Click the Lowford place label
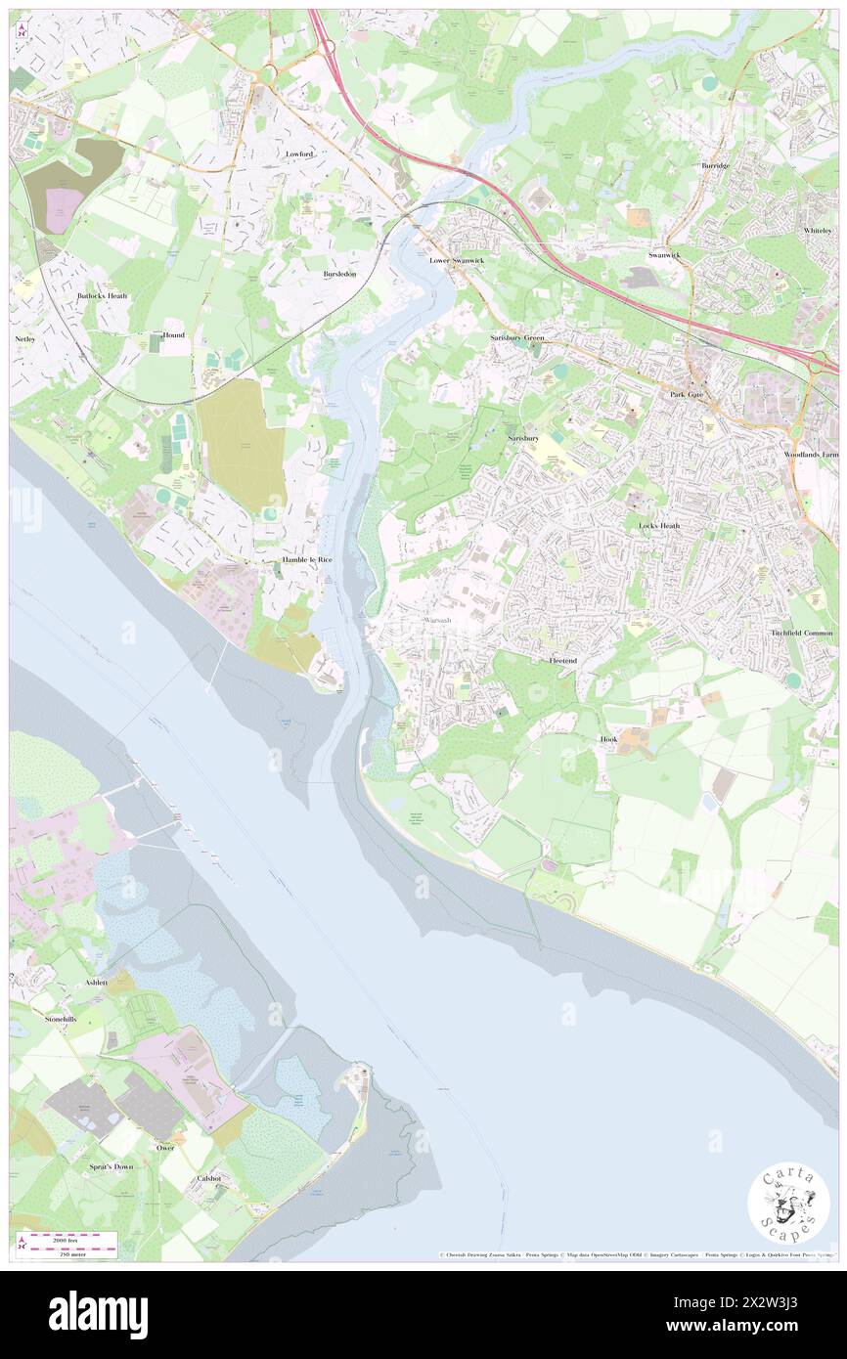pyautogui.click(x=298, y=154)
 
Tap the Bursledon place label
pyautogui.click(x=339, y=274)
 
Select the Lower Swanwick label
pyautogui.click(x=457, y=261)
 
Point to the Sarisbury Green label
pyautogui.click(x=516, y=337)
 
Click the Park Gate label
pyautogui.click(x=687, y=394)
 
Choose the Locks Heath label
pyautogui.click(x=659, y=525)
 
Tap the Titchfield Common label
pyautogui.click(x=802, y=634)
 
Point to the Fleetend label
pyautogui.click(x=562, y=661)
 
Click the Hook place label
pyautogui.click(x=608, y=739)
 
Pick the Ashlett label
pyautogui.click(x=96, y=982)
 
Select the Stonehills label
pyautogui.click(x=60, y=1019)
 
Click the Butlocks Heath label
pyautogui.click(x=103, y=295)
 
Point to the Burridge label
pyautogui.click(x=715, y=166)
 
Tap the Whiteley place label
pyautogui.click(x=817, y=230)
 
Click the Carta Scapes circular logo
pyautogui.click(x=788, y=1205)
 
